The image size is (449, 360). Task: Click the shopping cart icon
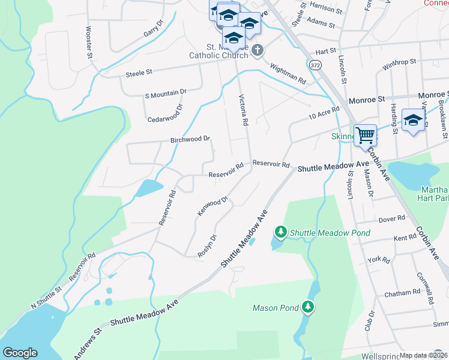365,134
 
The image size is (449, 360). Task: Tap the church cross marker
258,50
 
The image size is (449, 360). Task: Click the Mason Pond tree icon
308,307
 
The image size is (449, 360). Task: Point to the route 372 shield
315,64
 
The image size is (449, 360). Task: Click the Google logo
20,353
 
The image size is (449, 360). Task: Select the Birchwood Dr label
190,139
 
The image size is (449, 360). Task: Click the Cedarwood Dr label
165,113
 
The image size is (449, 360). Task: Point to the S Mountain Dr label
166,94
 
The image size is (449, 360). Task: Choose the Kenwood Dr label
213,206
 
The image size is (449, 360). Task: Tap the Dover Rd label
392,220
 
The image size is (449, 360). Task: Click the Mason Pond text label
276,308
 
